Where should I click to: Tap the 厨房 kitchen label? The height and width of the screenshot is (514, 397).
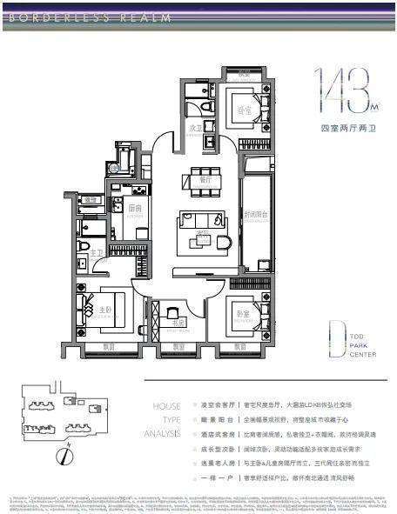click(x=135, y=208)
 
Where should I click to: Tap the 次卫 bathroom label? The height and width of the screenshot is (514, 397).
click(x=196, y=127)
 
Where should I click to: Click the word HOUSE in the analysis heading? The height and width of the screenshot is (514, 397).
click(x=166, y=406)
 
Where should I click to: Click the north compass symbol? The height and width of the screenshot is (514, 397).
click(x=63, y=456)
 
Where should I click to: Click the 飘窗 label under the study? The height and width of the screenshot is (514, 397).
click(x=178, y=347)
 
